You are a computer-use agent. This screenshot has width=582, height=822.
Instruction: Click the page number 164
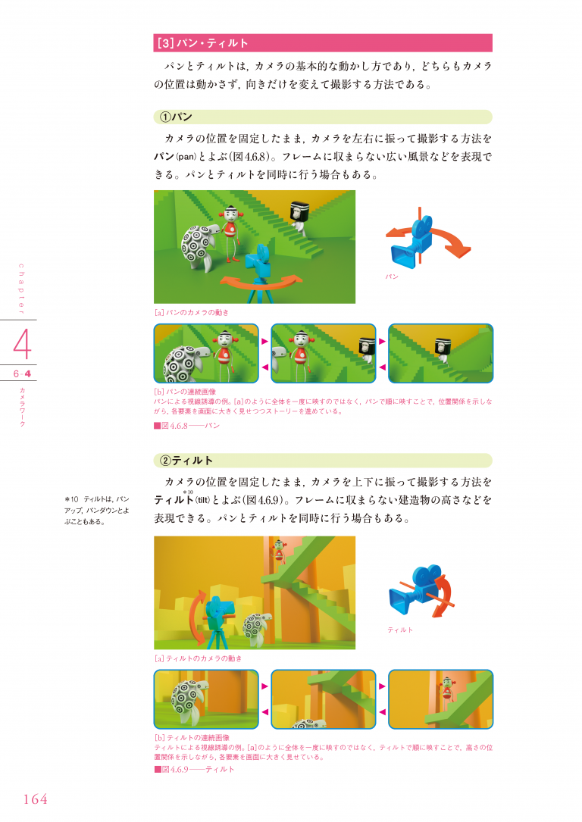35,799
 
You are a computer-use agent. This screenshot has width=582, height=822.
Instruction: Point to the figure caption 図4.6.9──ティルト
194,769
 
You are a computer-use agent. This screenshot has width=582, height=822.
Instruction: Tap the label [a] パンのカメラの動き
191,312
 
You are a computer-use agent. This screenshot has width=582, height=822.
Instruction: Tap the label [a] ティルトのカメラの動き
198,658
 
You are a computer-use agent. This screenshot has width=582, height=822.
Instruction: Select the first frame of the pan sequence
205,354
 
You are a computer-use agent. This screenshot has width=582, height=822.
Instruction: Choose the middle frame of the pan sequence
323,354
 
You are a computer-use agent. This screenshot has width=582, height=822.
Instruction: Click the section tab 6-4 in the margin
21,374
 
